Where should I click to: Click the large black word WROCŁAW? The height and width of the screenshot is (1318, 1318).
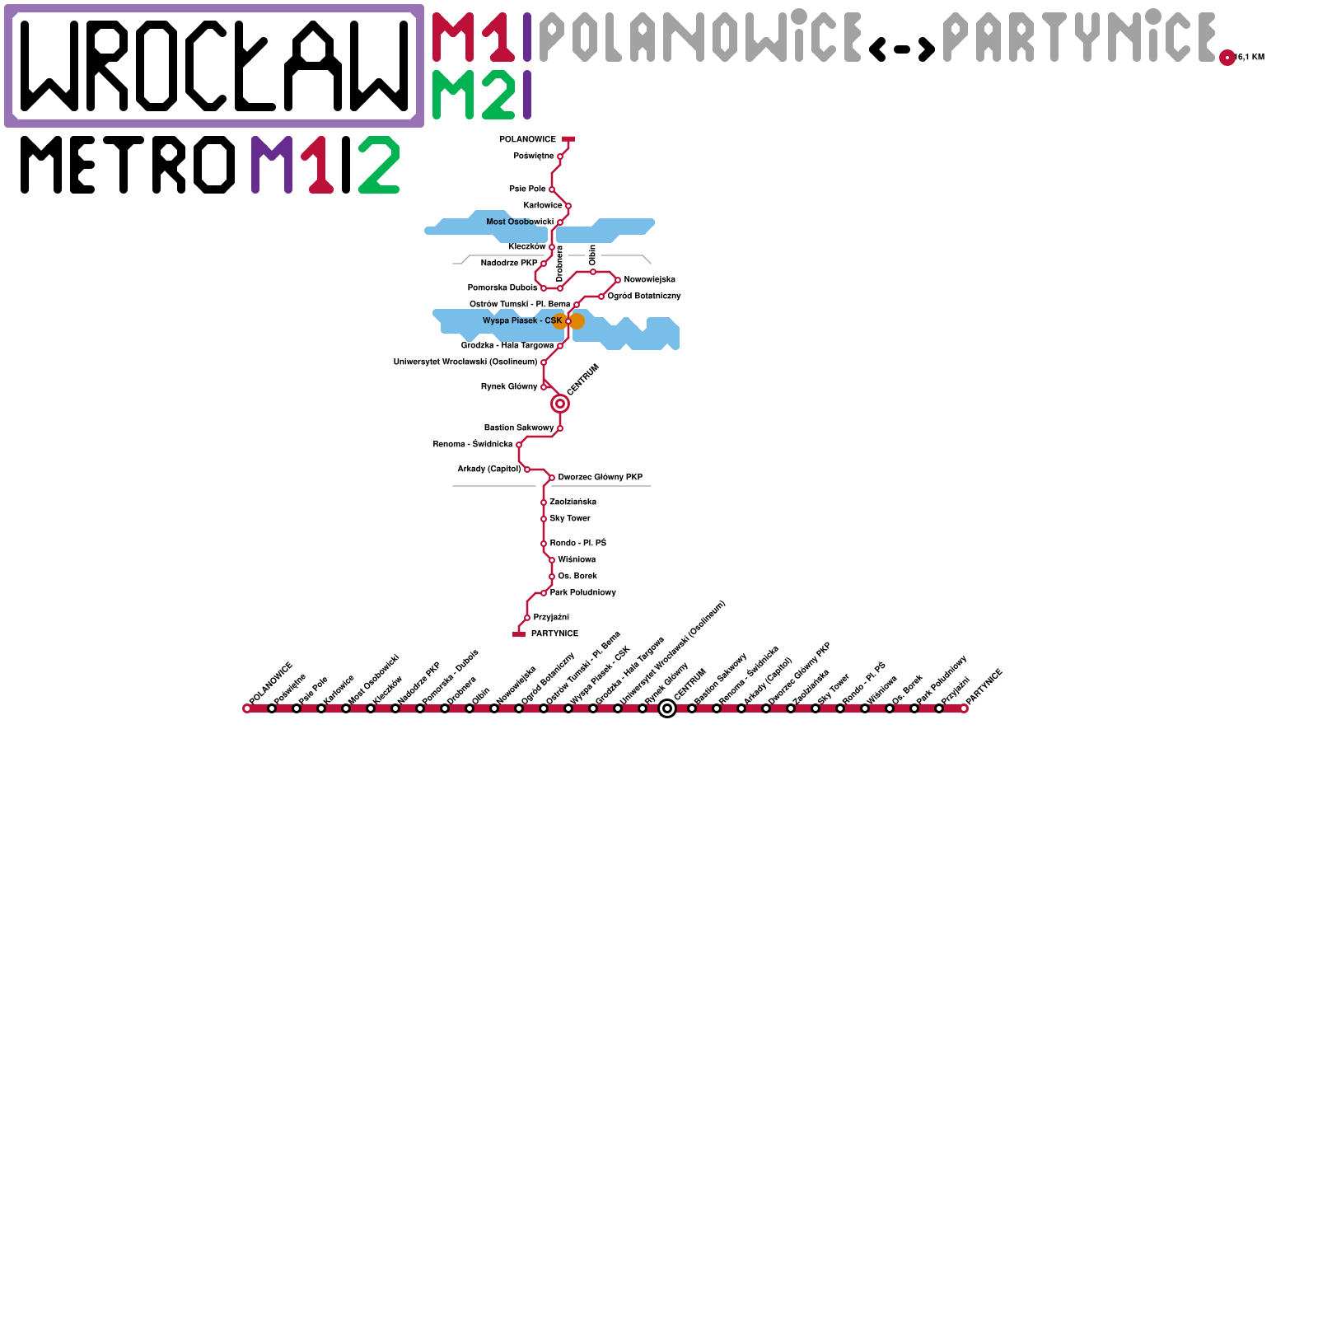click(x=214, y=66)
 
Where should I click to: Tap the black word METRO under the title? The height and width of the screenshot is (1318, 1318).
click(x=128, y=165)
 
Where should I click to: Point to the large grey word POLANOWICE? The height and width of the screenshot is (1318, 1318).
click(x=700, y=38)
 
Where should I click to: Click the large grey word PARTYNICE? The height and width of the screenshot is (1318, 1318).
click(x=1079, y=38)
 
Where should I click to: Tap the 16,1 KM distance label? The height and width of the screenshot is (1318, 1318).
click(x=1250, y=58)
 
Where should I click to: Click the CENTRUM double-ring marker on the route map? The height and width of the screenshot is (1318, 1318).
click(x=560, y=404)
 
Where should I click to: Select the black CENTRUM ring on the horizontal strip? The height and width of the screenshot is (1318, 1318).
click(x=667, y=708)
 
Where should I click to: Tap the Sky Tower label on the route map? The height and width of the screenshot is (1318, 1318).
click(x=570, y=519)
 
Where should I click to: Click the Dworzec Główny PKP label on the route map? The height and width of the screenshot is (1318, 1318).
click(x=601, y=478)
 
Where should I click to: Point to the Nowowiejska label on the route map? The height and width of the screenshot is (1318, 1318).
click(x=650, y=280)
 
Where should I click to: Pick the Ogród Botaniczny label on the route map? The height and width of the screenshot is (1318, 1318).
click(x=644, y=297)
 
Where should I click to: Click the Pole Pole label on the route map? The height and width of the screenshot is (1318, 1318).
click(x=527, y=189)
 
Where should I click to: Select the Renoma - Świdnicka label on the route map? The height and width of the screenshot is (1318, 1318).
click(x=473, y=445)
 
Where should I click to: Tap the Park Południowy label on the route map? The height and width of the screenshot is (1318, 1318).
click(x=583, y=593)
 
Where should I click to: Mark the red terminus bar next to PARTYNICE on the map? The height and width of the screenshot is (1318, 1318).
click(x=519, y=634)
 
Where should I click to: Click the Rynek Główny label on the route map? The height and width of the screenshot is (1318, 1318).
click(x=509, y=387)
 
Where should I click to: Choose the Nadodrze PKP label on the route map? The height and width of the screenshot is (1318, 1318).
click(x=509, y=264)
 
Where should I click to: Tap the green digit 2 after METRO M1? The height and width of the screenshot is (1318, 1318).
click(x=380, y=165)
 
